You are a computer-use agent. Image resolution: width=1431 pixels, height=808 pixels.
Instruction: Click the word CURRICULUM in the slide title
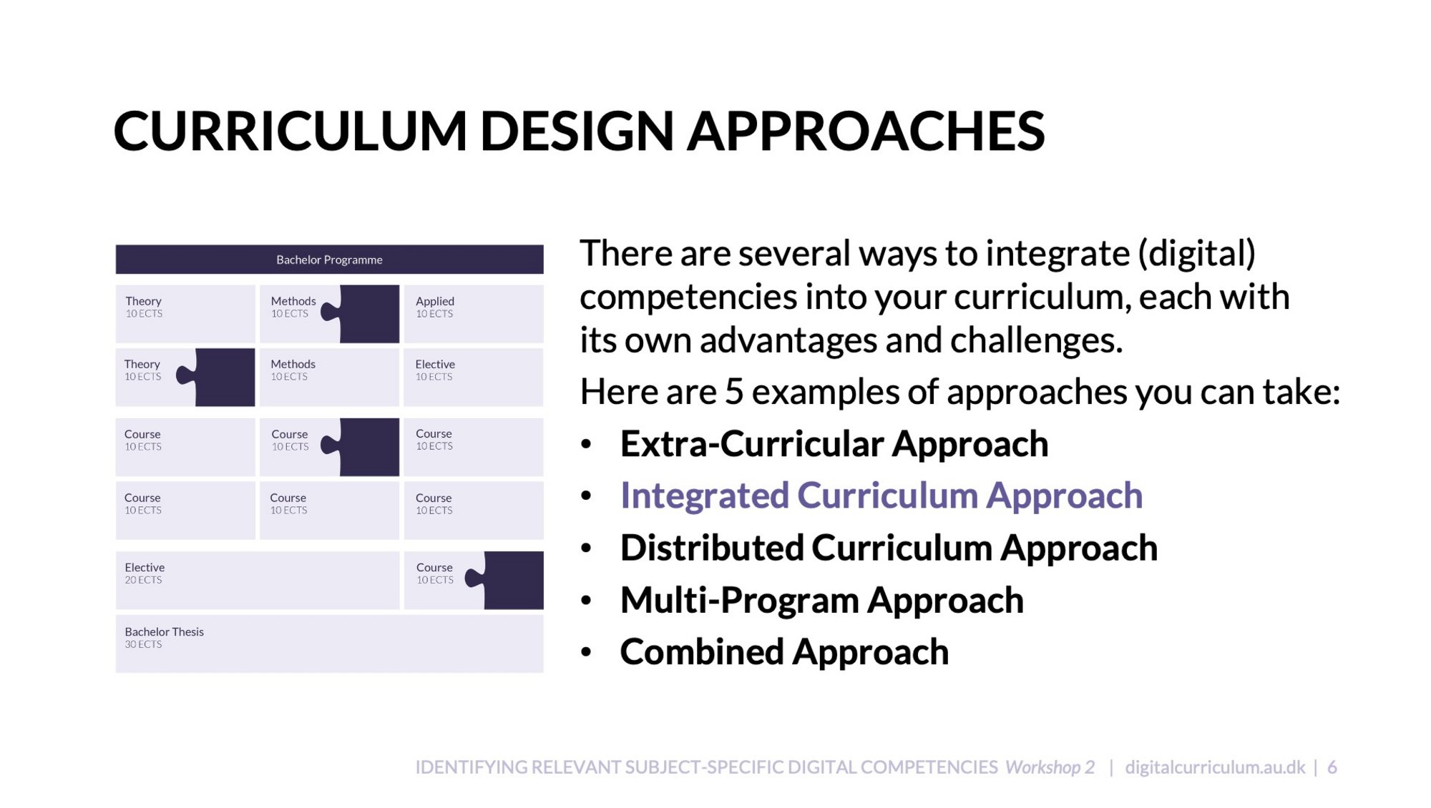click(x=290, y=132)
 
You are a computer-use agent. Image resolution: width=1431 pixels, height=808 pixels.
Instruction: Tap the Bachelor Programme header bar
click(x=329, y=260)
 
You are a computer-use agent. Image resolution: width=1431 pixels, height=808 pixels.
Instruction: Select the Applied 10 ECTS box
click(x=474, y=314)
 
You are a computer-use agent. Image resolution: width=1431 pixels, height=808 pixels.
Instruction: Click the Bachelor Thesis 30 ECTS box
click(x=329, y=644)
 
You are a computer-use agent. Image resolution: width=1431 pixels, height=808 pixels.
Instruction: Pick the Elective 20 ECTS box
click(x=258, y=580)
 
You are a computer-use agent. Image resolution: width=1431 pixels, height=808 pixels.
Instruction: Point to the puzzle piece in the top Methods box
click(x=365, y=314)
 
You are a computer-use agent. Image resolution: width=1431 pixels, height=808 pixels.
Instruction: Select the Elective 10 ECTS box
click(x=474, y=377)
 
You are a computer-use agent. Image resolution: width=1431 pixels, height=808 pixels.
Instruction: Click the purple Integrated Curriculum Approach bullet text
click(x=881, y=496)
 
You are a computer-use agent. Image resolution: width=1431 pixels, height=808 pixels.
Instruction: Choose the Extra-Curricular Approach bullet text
click(x=834, y=444)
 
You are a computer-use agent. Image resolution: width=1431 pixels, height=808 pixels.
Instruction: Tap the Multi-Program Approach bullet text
click(x=822, y=600)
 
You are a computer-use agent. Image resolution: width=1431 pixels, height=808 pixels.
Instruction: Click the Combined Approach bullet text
click(x=784, y=652)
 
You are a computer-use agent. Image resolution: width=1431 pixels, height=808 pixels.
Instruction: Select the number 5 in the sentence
click(x=734, y=392)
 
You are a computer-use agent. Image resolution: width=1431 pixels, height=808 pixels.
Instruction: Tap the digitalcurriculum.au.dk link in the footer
click(x=1215, y=767)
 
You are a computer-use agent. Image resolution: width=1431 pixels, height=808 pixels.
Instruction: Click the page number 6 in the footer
click(x=1332, y=767)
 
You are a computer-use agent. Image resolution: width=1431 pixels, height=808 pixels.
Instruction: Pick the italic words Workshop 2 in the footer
click(x=1050, y=767)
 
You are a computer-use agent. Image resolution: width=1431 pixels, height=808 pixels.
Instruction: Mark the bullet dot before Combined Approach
click(x=587, y=652)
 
